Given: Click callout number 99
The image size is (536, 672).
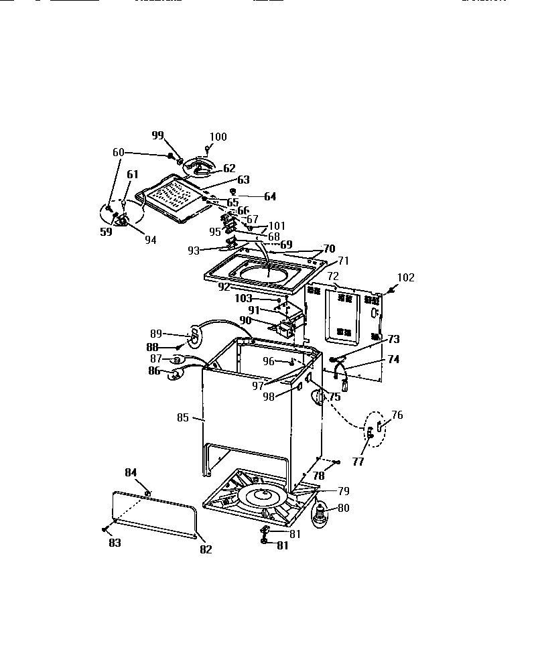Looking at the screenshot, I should (157, 135).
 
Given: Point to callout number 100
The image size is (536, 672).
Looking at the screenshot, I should (218, 137).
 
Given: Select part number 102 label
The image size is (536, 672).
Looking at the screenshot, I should (406, 277).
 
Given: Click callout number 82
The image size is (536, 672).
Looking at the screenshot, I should (205, 549).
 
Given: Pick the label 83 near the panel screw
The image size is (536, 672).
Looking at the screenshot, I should (115, 543).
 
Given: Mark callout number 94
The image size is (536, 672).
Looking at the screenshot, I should (149, 240).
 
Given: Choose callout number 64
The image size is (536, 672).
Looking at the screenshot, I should (269, 196).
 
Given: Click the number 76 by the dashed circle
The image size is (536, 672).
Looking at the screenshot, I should (397, 415).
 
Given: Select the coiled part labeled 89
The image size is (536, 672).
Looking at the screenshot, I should (193, 337).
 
